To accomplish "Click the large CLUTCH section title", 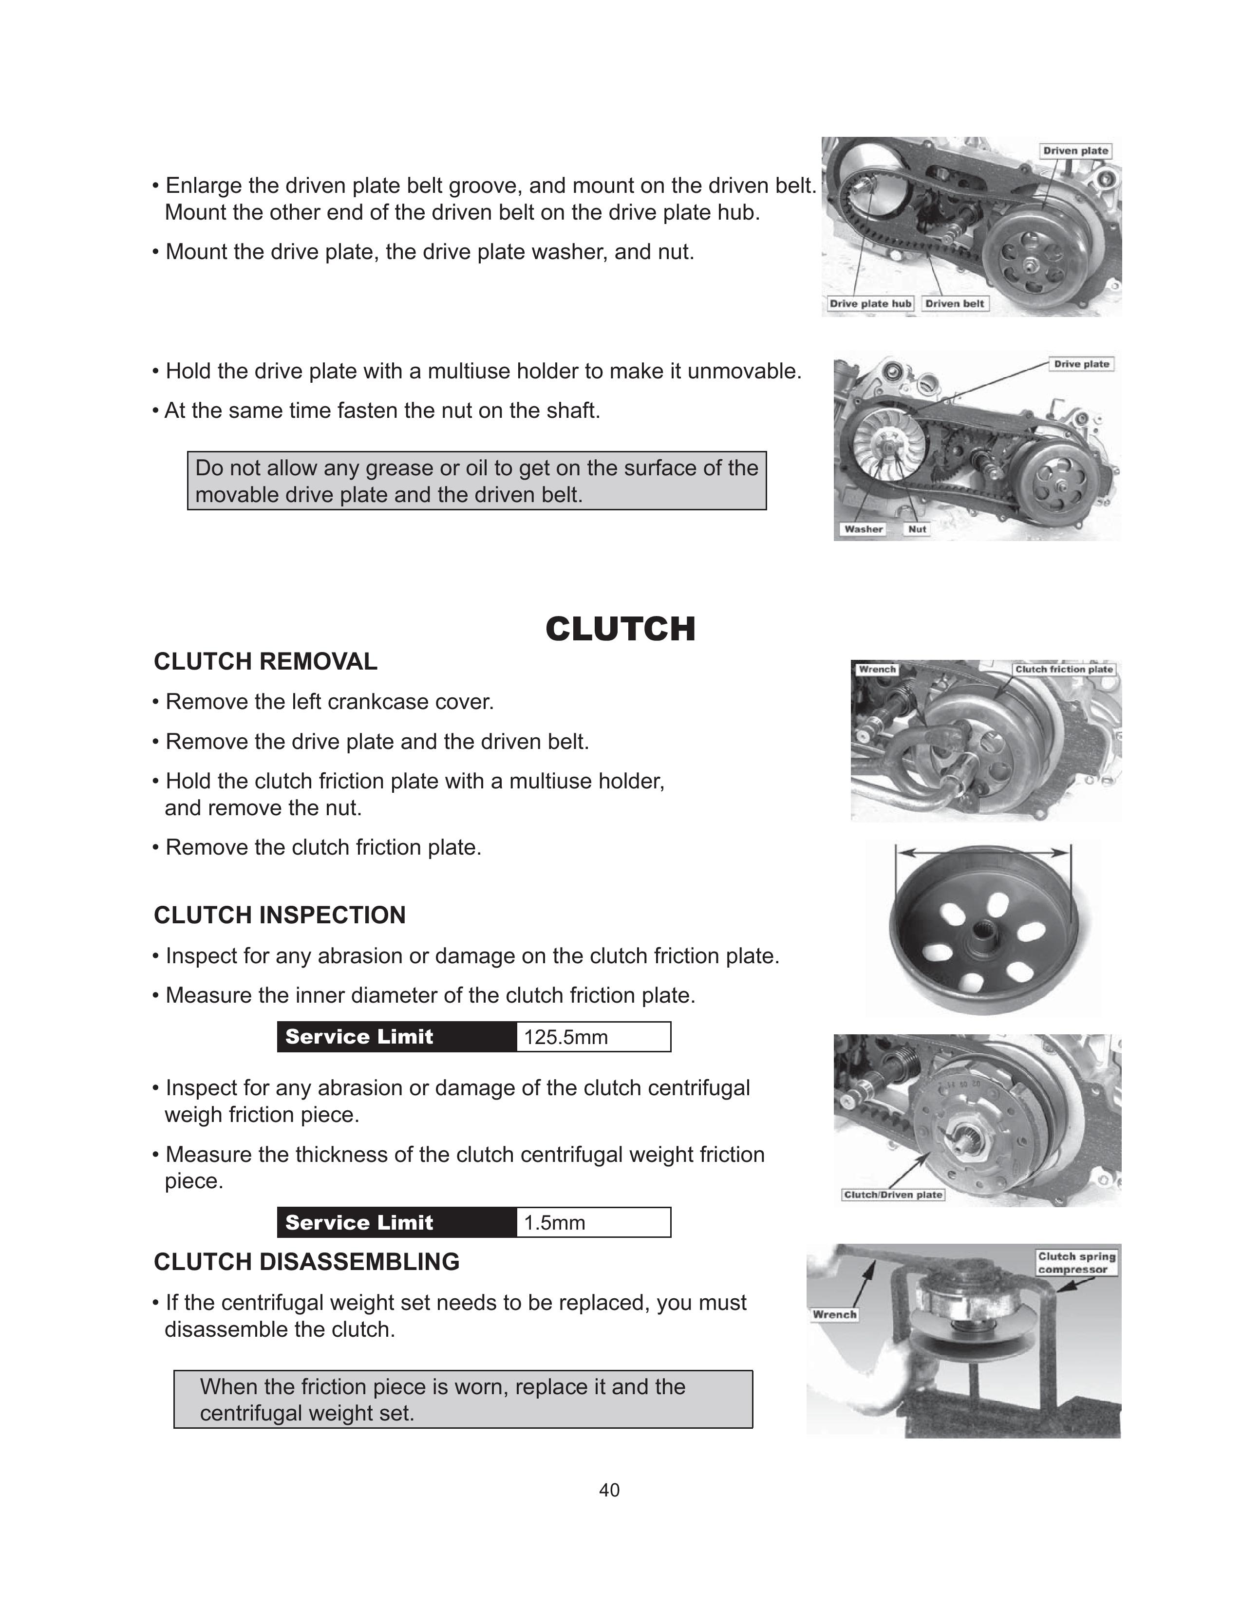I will [x=620, y=629].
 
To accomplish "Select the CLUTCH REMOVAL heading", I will [x=265, y=661].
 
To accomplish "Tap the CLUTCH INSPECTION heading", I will [x=280, y=916].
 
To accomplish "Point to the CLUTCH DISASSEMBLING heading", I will [x=306, y=1262].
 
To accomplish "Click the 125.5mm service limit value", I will [x=566, y=1037].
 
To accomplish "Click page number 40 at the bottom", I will [x=609, y=1490].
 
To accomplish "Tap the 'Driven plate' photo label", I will [x=1075, y=151].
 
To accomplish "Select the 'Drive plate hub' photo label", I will [x=870, y=304].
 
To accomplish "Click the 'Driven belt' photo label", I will [x=954, y=304].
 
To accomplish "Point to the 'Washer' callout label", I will [x=863, y=529].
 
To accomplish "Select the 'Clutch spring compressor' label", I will [x=1076, y=1263].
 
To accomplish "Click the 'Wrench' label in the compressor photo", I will [x=834, y=1314].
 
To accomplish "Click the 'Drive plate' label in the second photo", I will [x=1081, y=364].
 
